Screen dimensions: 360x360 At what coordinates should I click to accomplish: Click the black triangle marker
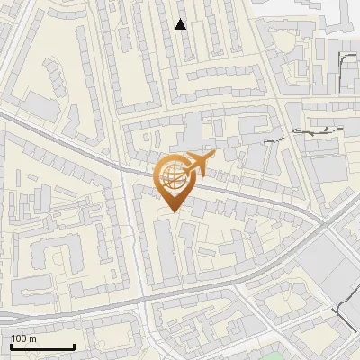point(181,24)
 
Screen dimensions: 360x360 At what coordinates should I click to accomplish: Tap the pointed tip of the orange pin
point(173,211)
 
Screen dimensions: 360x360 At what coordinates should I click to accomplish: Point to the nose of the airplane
point(216,155)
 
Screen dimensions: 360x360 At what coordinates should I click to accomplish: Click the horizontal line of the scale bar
point(41,346)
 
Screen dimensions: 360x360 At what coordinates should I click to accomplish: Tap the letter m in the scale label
point(32,338)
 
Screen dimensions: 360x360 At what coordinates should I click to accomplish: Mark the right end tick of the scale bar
point(74,345)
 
